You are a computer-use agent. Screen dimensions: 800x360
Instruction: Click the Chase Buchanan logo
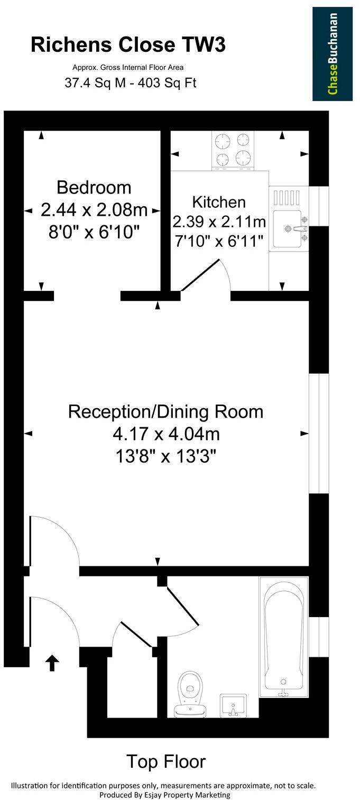coord(333,53)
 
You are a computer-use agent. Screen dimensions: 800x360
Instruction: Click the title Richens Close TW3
coord(128,45)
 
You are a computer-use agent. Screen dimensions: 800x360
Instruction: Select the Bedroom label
coord(94,187)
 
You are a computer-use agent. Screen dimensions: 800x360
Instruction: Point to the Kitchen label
coord(219,202)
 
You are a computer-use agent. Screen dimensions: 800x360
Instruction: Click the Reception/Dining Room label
coord(165,411)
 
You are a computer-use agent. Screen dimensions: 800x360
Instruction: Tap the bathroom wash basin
coord(233,705)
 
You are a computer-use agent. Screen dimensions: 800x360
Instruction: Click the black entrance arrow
coord(52,662)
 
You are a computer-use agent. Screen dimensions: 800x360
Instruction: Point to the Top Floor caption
coord(165,761)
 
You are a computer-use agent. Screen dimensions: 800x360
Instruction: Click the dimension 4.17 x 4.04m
coord(165,434)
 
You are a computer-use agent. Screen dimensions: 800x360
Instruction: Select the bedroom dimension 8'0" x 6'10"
coord(94,232)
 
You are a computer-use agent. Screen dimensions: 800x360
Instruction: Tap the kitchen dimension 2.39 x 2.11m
coord(219,221)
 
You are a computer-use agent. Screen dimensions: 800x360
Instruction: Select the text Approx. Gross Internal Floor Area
coord(128,67)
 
